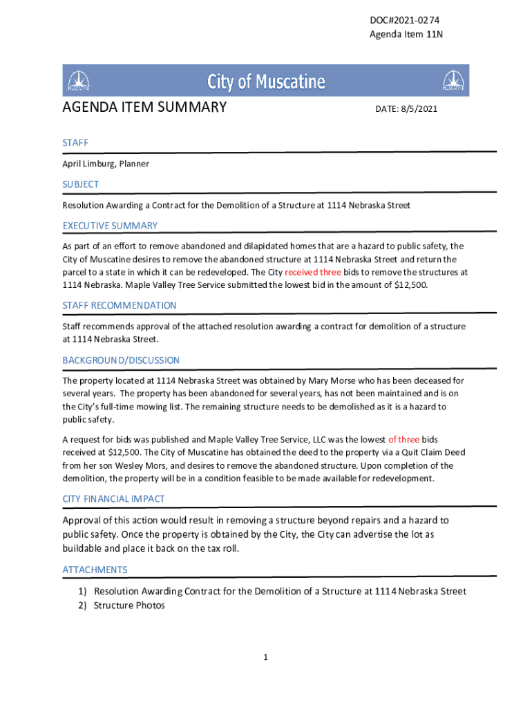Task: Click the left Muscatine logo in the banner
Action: [79, 81]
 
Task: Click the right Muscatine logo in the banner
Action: [453, 81]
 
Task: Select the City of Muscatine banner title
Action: [266, 82]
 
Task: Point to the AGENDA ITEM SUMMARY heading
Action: [144, 107]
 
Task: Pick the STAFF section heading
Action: [75, 142]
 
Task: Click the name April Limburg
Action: [88, 164]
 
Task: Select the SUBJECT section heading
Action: [81, 184]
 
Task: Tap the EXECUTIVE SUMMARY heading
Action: [110, 226]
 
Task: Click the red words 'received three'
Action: [313, 272]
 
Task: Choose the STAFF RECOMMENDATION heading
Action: [120, 305]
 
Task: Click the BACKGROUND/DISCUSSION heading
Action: [121, 360]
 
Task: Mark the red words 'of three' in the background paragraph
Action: [403, 439]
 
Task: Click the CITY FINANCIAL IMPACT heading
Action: [113, 498]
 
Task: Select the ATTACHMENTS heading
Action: [95, 570]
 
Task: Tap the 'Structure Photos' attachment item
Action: [129, 606]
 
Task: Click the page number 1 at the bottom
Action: [265, 657]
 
